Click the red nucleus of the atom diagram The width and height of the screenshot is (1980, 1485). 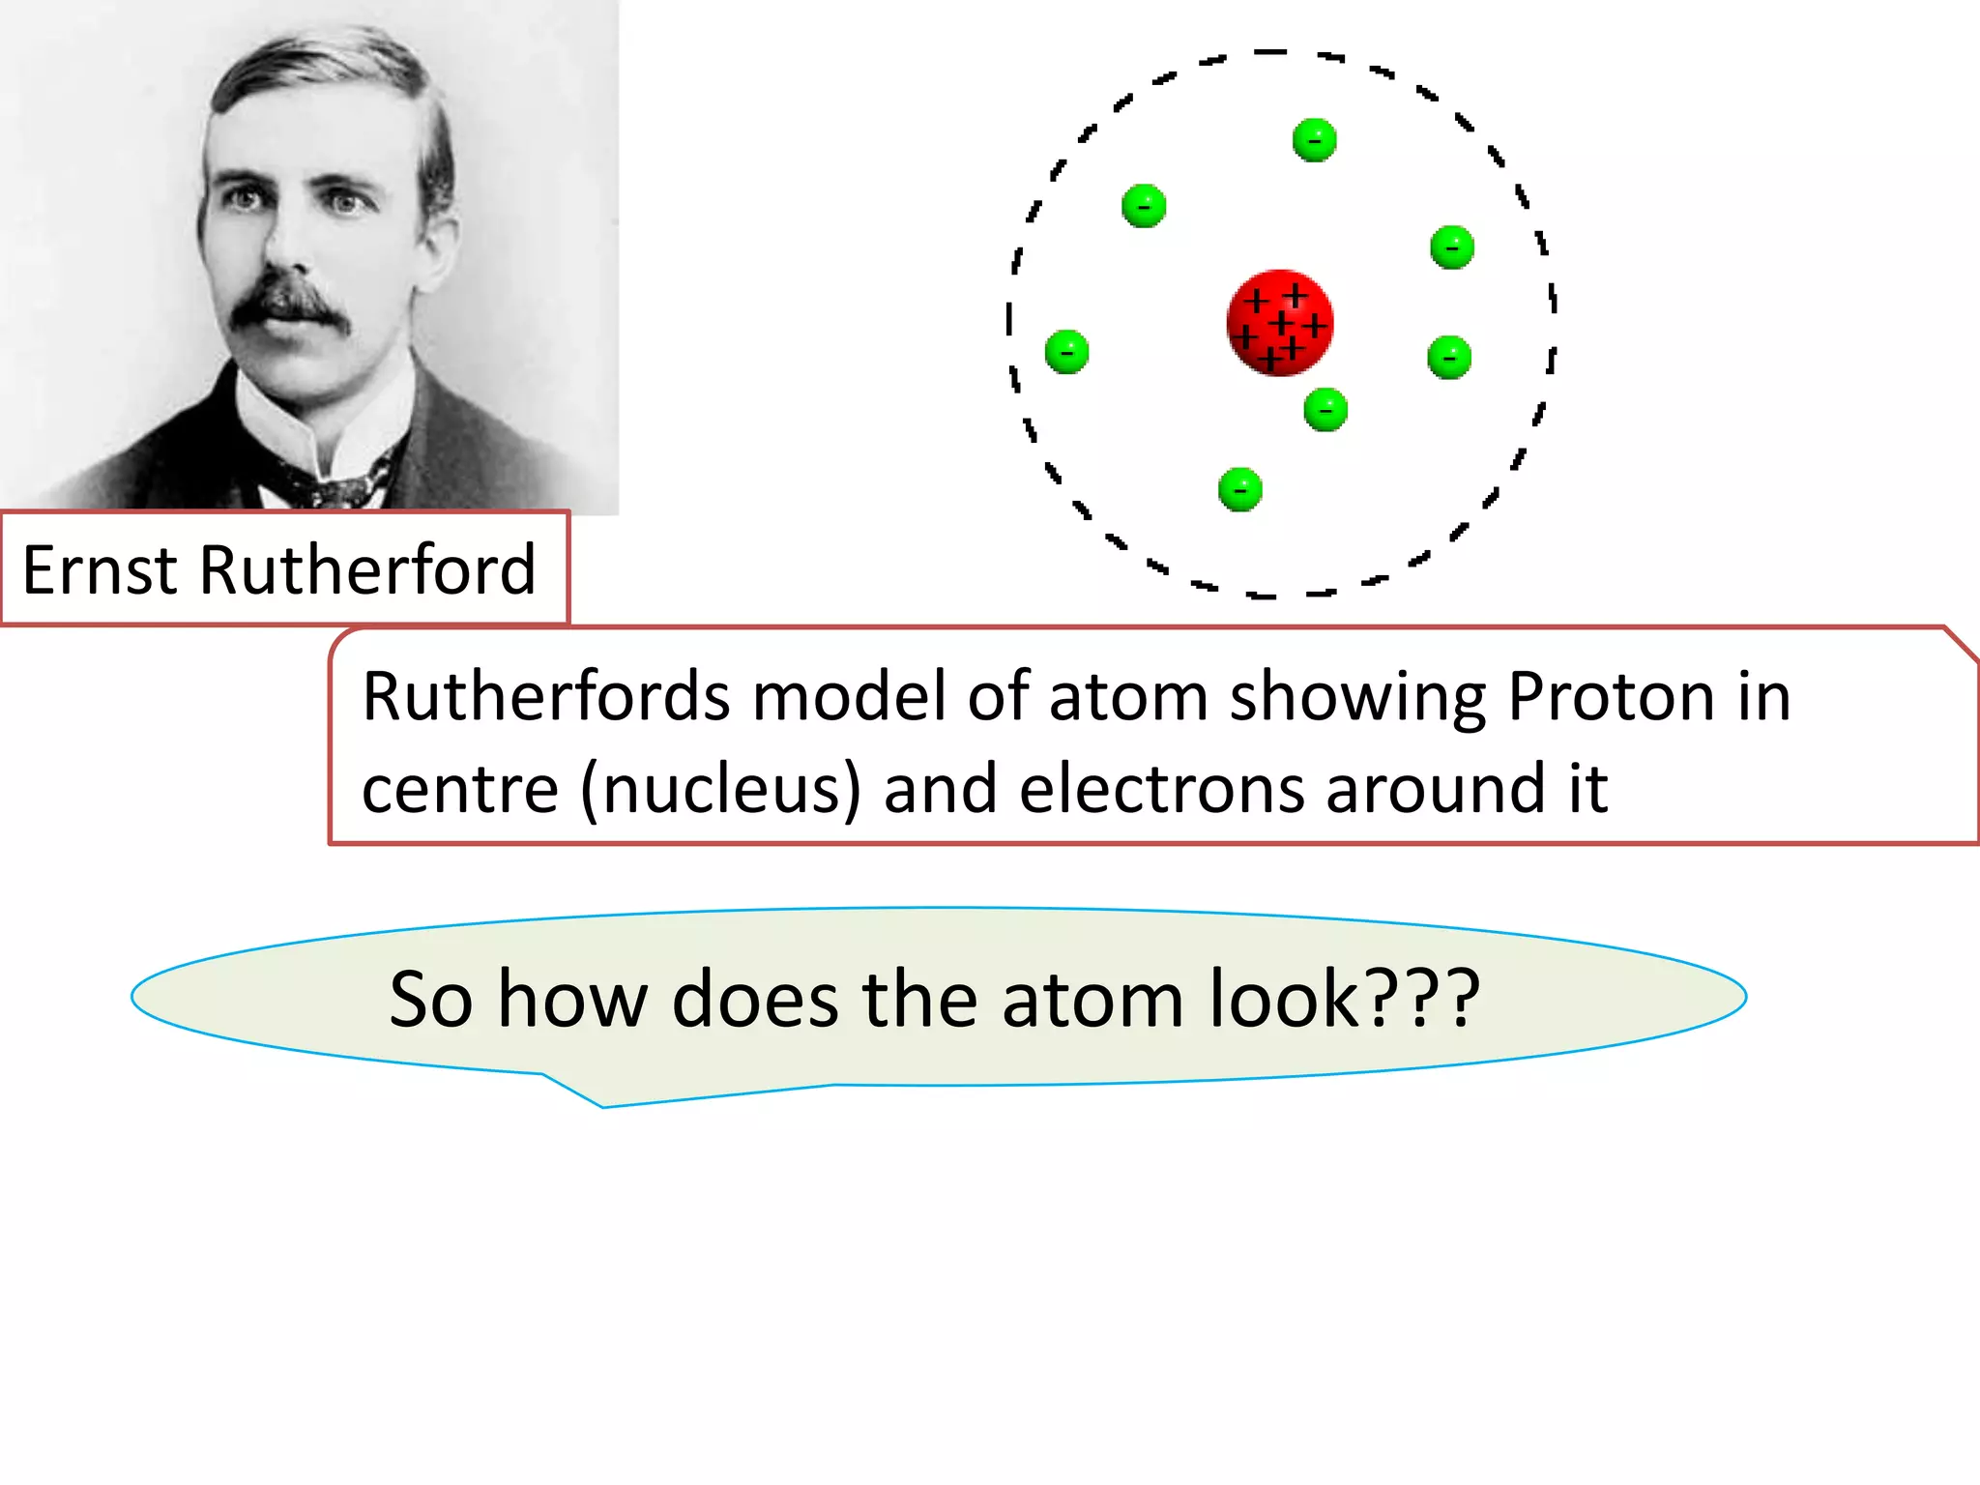point(1279,322)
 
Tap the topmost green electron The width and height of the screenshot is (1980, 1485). point(1314,140)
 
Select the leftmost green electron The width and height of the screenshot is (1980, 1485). point(1066,351)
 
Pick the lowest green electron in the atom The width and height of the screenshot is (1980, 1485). point(1240,489)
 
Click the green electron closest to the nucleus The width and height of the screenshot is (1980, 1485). point(1325,410)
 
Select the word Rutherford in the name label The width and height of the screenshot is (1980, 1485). point(366,569)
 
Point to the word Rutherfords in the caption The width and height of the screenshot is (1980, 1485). point(546,696)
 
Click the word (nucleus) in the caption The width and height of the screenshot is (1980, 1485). point(720,789)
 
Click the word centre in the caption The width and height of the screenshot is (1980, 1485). point(460,789)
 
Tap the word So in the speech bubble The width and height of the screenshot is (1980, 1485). point(430,1000)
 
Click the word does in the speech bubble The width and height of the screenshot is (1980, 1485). point(754,1000)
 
